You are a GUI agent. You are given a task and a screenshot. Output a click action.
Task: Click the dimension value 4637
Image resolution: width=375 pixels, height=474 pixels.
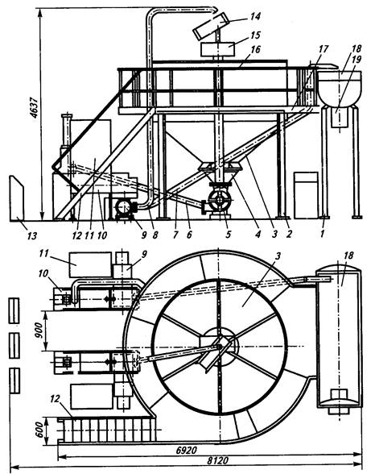click(34, 108)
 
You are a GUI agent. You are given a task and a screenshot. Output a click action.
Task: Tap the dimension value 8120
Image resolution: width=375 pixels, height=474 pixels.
click(217, 461)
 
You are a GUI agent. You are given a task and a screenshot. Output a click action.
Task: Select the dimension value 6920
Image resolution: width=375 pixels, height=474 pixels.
click(186, 450)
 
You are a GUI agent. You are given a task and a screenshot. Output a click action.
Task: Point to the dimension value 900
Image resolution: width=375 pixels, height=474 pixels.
click(39, 331)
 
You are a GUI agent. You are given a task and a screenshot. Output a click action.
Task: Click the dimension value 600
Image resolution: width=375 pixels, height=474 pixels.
click(40, 429)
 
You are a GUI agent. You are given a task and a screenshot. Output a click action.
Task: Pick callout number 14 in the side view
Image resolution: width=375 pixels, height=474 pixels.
click(254, 16)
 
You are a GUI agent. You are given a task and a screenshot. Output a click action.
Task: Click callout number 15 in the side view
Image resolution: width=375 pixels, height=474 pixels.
click(255, 35)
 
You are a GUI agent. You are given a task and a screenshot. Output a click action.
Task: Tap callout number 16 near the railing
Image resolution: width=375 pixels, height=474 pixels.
click(255, 49)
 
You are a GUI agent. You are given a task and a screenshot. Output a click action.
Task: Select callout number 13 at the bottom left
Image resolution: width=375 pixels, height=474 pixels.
click(31, 235)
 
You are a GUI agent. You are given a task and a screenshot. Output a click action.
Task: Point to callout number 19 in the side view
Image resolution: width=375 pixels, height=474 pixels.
click(356, 60)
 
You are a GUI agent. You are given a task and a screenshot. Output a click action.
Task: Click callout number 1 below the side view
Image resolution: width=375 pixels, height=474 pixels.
click(322, 234)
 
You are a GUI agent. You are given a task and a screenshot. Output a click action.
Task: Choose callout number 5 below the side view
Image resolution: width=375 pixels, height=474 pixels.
click(228, 234)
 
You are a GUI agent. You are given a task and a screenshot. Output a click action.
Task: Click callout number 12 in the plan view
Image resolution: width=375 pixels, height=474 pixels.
click(55, 399)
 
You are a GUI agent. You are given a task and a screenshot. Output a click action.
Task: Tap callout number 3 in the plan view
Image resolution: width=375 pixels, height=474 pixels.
click(278, 256)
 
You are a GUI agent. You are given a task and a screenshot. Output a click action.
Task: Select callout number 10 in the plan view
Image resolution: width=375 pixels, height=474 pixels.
click(43, 273)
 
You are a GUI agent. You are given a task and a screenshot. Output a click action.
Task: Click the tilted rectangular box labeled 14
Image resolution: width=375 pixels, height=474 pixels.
click(211, 27)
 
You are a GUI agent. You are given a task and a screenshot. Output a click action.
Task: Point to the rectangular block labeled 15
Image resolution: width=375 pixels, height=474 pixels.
click(217, 49)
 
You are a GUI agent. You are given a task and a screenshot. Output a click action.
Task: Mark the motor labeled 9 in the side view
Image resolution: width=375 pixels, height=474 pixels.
click(125, 208)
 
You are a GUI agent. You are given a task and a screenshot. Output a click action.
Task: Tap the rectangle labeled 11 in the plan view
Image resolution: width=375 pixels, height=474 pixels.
click(90, 264)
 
